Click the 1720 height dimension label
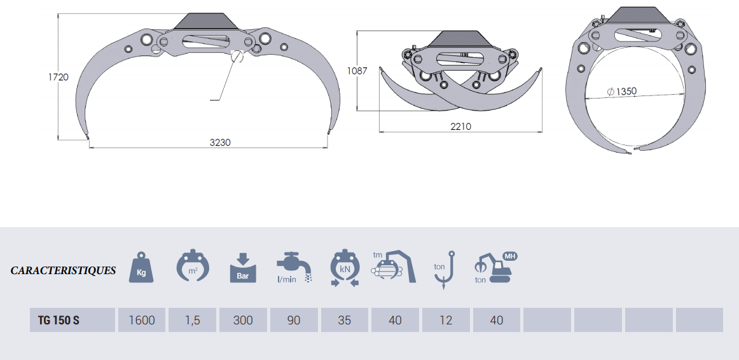[x=59, y=77]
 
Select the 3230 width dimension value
[x=220, y=142]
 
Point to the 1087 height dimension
[x=357, y=71]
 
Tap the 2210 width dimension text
[x=460, y=127]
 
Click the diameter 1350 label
[x=621, y=92]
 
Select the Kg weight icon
[x=141, y=268]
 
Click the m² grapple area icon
[x=193, y=266]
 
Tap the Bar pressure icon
[x=243, y=268]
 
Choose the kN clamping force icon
[x=345, y=268]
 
